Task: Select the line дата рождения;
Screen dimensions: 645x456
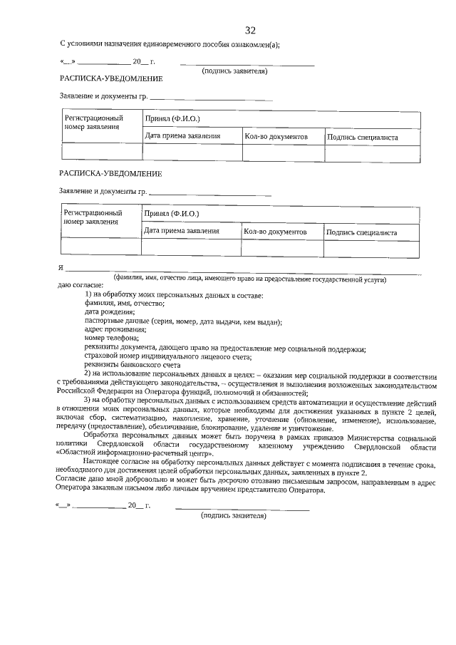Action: tap(109, 312)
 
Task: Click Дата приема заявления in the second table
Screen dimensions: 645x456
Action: tap(181, 231)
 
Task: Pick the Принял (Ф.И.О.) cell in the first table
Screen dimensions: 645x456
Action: tap(172, 118)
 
